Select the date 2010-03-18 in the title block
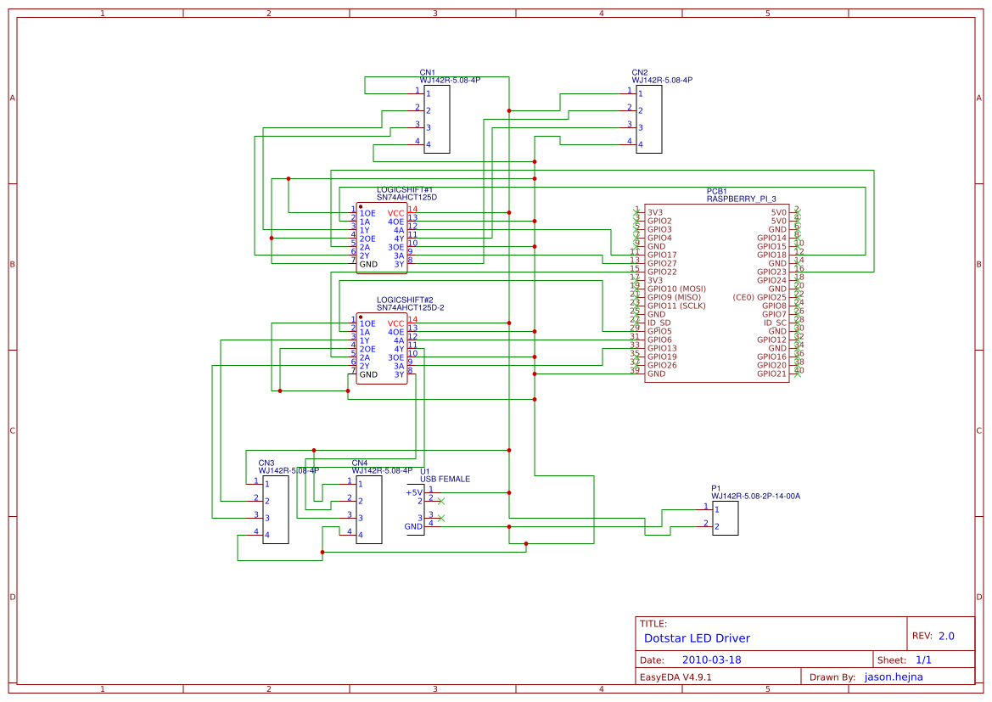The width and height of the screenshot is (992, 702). pos(711,660)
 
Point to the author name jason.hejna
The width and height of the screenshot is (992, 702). pos(893,677)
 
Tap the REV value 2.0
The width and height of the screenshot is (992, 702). pos(946,636)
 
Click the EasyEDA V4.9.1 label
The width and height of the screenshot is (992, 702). pos(675,677)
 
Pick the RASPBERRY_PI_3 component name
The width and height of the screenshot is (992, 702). pos(741,199)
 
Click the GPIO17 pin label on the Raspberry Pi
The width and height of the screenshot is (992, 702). pos(662,255)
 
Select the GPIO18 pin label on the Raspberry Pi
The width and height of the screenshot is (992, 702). pos(771,255)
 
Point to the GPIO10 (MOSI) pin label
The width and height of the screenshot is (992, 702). pos(676,289)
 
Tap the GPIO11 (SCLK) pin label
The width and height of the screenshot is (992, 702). pos(676,306)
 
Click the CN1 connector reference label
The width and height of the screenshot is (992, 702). pos(428,73)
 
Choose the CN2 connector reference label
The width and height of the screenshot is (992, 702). pos(640,73)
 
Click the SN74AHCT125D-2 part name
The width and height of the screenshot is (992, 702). pos(411,307)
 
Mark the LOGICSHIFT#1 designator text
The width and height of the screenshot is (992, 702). pos(405,190)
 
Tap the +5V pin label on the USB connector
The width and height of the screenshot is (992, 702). pos(413,492)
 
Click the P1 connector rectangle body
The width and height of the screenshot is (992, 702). pos(725,518)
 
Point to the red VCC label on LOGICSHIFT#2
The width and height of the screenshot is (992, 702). pos(395,323)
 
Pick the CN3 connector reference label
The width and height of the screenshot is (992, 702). pos(266,463)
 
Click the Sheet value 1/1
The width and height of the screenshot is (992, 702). pos(923,660)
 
